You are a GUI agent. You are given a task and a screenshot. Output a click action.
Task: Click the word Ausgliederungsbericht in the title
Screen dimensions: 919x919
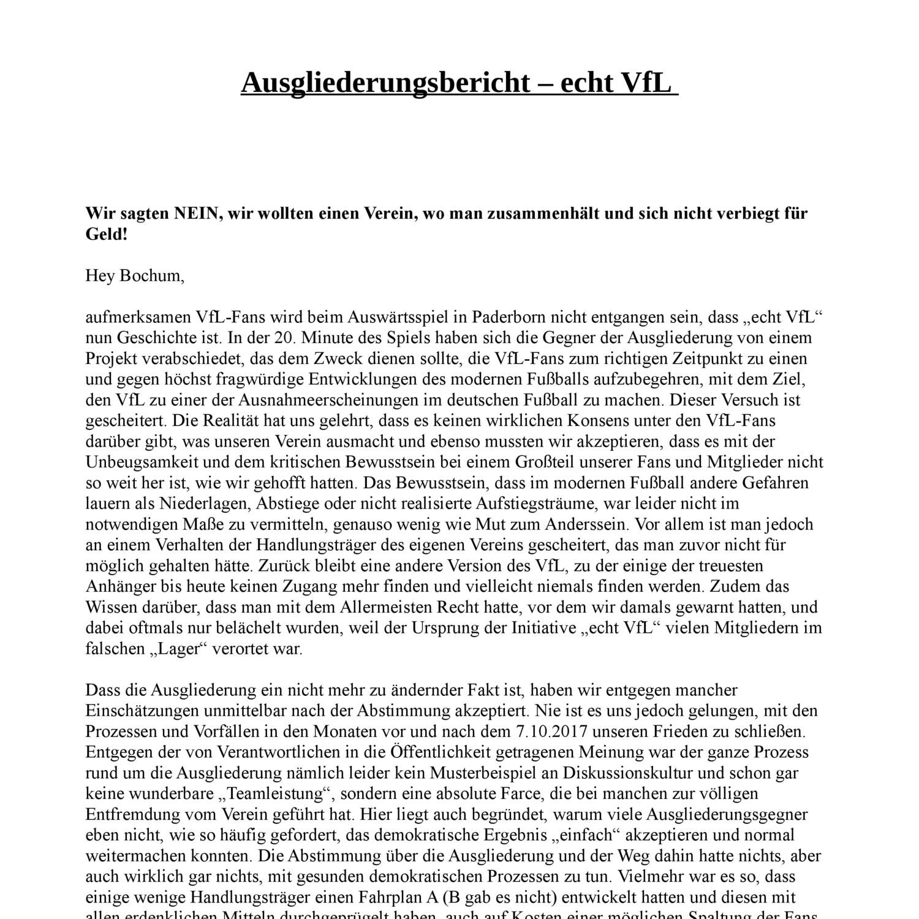point(385,83)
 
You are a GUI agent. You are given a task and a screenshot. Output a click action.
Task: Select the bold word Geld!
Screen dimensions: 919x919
point(107,234)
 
